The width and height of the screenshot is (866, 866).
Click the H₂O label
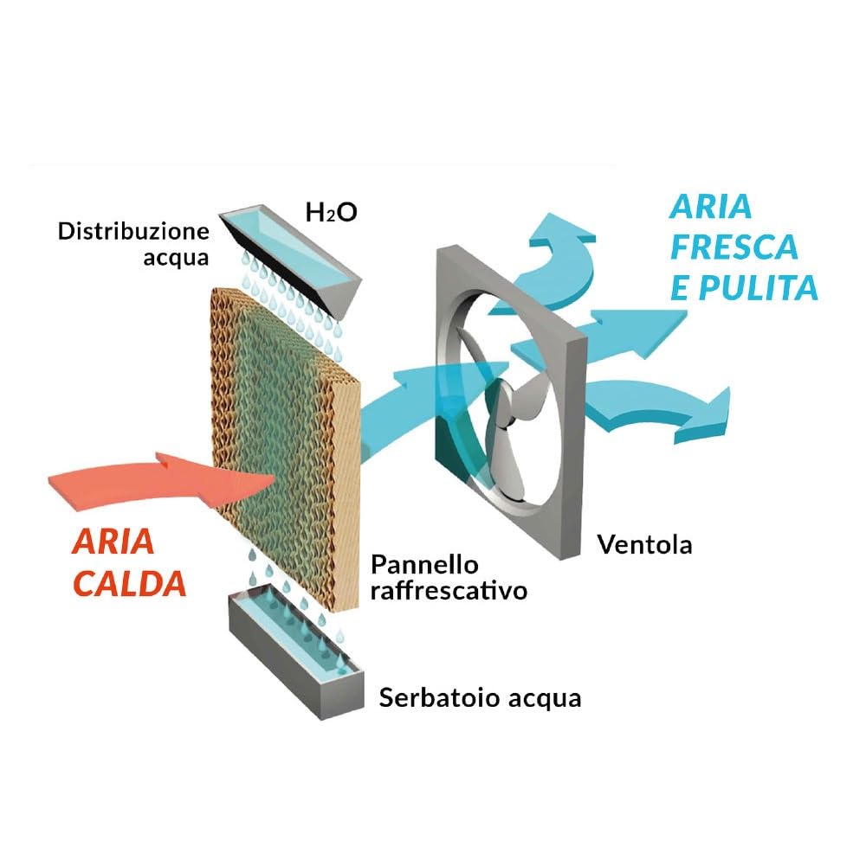coord(332,212)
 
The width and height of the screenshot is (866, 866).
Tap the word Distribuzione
coord(134,231)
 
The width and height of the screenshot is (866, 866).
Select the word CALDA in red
coord(129,584)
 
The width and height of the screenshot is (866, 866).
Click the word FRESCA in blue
coord(734,247)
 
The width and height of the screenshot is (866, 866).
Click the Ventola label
coord(645,544)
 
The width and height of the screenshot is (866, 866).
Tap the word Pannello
coord(424,564)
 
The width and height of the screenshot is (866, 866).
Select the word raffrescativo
coord(449,590)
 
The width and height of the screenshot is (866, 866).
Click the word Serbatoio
coord(440,697)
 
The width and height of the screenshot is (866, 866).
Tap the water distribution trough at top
coord(290,260)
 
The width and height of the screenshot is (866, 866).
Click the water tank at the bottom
coord(296,651)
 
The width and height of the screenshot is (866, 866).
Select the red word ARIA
coord(113,542)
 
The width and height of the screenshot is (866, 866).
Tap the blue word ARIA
coord(711,207)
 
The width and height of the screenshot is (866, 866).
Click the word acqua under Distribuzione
coord(176,258)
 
